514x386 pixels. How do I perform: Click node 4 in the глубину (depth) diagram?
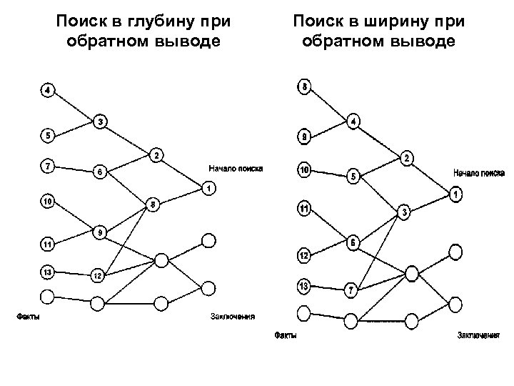47,91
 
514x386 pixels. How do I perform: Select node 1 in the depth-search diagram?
208,189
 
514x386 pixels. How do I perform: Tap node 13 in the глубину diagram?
47,271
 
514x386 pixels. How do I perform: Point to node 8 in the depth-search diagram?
153,204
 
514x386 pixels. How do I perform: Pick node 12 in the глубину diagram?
98,274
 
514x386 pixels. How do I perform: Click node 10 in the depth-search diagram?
47,202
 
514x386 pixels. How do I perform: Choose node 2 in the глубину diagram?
156,155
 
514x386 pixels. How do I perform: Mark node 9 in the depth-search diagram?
101,232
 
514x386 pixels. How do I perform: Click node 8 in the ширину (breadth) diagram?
305,88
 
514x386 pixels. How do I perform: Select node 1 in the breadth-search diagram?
455,194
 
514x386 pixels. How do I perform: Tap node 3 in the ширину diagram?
403,212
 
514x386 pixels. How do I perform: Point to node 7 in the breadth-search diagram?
351,291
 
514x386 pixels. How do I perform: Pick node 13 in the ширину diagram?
304,286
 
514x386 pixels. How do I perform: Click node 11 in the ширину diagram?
304,209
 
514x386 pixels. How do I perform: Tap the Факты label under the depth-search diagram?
28,316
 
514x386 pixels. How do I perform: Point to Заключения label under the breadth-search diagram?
478,335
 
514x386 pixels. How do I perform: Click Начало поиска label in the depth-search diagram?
236,169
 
